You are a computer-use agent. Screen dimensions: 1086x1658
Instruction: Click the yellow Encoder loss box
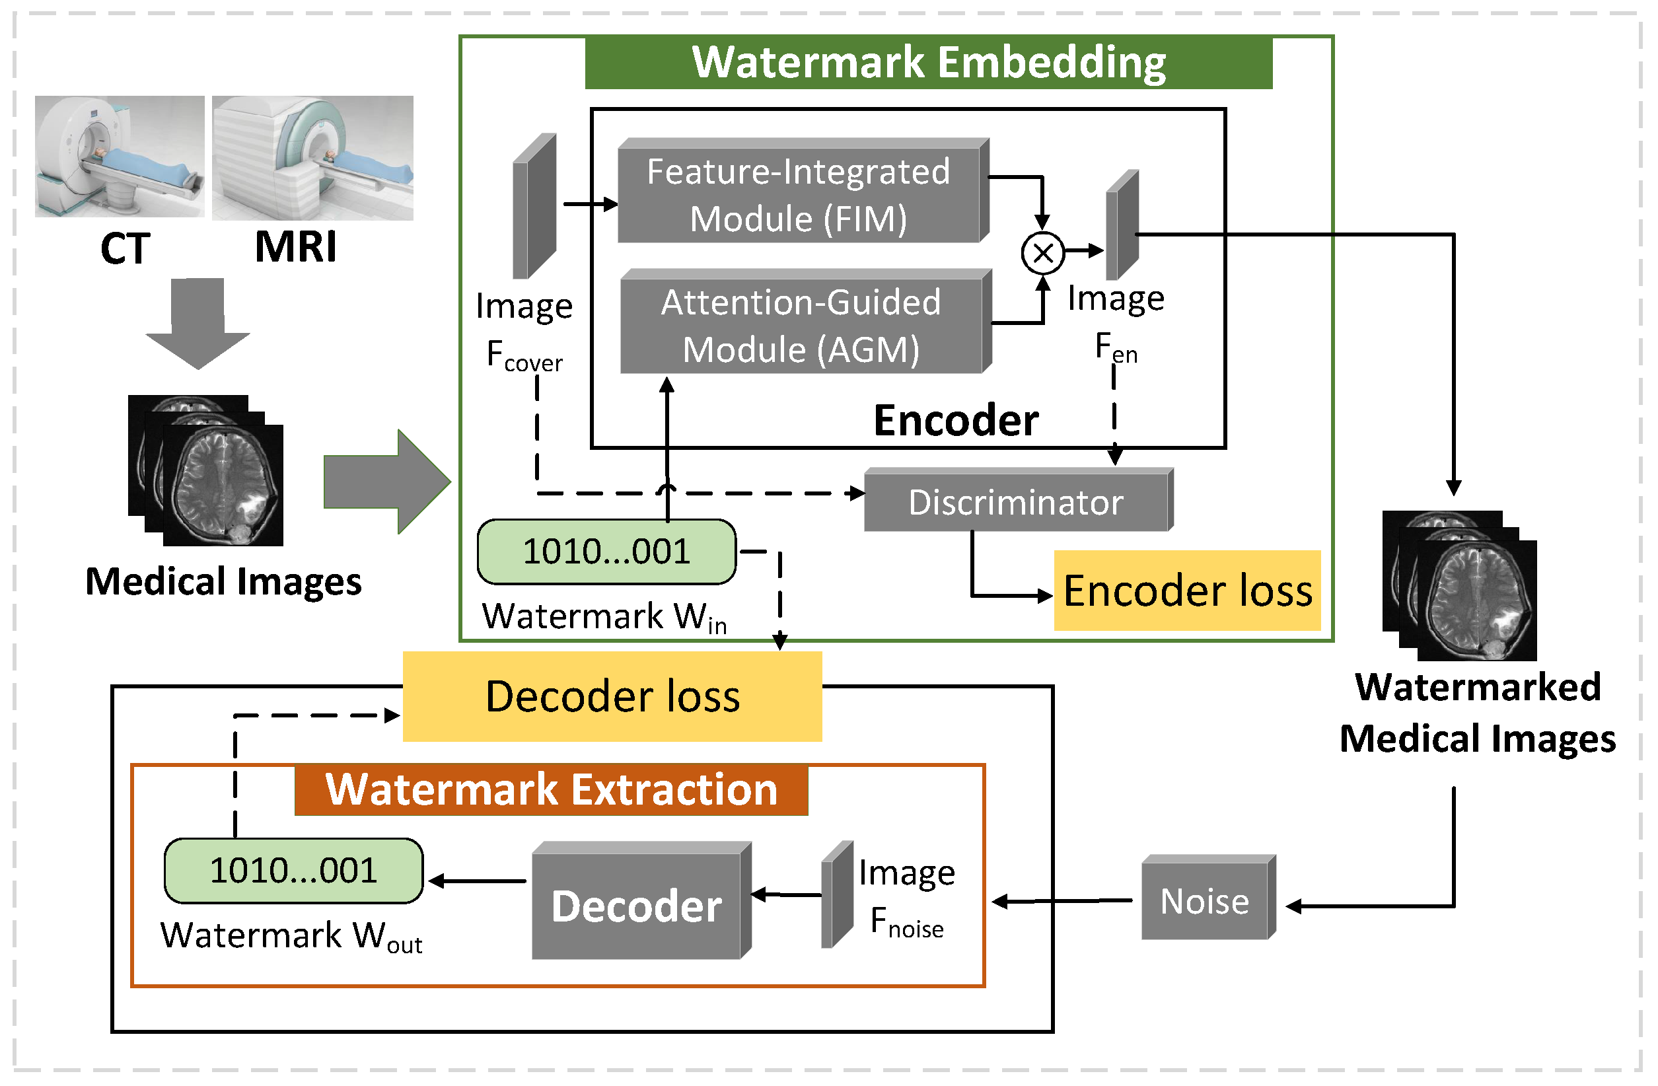pos(1188,591)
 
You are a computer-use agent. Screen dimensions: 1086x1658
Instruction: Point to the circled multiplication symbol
pos(1043,253)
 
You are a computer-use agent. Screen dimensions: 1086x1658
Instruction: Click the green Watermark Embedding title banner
pos(928,63)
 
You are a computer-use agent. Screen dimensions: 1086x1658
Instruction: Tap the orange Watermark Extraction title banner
pos(551,790)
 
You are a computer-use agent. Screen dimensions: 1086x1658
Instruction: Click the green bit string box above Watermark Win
pos(606,552)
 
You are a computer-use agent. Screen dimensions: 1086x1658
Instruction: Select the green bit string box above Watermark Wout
pos(293,871)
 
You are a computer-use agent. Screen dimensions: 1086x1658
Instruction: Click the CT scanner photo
pos(120,157)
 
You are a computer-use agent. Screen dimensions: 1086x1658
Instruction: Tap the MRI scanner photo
pos(313,158)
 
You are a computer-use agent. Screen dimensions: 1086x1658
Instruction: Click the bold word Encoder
pos(956,421)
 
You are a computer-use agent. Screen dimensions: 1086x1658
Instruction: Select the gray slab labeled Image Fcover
pos(534,207)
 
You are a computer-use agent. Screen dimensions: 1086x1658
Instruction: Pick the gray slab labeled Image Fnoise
pos(837,895)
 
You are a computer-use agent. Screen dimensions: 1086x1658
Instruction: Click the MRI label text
pos(295,247)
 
